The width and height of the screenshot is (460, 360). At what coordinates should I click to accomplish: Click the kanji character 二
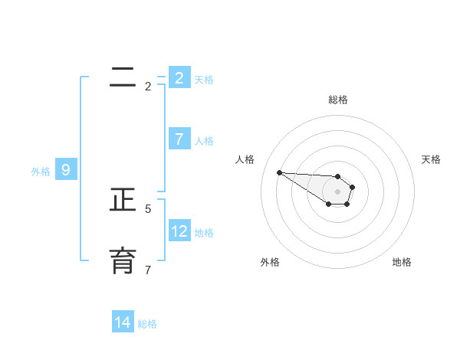point(123,77)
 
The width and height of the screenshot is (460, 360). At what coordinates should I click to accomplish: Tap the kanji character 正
point(123,200)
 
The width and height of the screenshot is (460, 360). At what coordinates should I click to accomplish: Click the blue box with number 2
point(179,77)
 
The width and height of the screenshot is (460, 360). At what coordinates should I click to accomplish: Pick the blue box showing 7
point(179,139)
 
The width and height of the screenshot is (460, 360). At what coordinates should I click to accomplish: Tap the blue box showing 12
point(179,231)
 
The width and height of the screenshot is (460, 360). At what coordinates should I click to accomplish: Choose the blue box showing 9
point(66,170)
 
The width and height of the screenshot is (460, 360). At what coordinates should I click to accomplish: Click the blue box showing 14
point(123,322)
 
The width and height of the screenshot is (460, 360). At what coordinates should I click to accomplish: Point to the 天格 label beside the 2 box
point(204,79)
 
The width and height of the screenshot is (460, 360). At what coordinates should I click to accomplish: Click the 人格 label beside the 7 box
point(204,141)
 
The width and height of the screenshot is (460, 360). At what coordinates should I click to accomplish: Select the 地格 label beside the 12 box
point(204,233)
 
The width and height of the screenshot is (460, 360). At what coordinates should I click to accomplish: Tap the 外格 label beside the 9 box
point(41,172)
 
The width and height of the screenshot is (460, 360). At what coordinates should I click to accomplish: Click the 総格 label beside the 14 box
point(147,324)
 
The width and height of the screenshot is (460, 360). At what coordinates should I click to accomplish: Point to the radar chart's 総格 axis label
point(337,100)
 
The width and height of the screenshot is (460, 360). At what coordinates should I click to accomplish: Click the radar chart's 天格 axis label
point(431,159)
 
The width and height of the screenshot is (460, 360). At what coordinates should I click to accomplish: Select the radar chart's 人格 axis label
point(245,159)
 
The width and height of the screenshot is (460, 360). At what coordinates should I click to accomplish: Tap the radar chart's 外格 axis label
point(270,262)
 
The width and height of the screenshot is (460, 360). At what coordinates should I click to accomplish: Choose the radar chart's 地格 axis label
point(402,262)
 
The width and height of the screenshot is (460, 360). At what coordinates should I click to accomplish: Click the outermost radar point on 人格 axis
point(279,172)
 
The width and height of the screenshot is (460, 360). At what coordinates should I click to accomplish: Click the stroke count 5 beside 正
point(148,208)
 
